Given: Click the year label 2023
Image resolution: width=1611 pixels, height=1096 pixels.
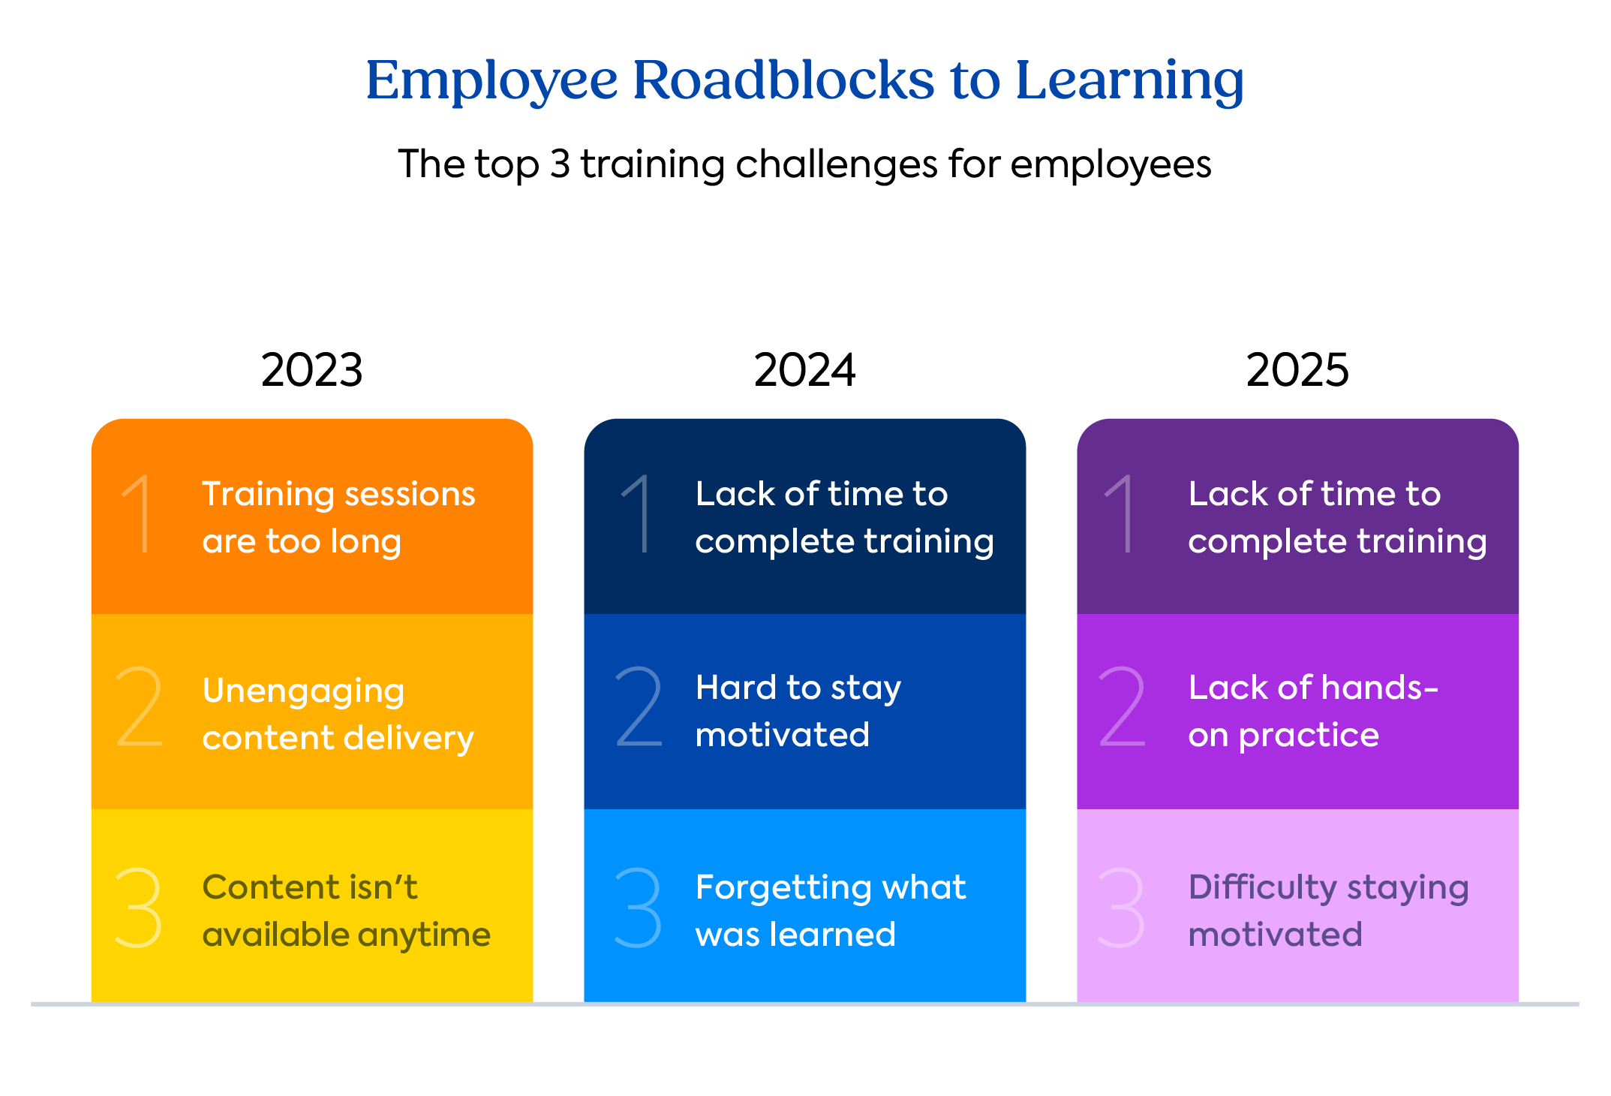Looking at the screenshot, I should (311, 370).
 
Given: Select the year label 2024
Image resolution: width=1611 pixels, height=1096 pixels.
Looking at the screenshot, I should (804, 370).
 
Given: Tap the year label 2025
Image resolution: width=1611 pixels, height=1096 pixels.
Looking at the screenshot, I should (1297, 370).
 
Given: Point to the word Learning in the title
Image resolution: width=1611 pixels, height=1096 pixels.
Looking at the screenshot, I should (1129, 81).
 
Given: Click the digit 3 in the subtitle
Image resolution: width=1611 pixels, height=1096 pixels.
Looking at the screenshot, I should (560, 164).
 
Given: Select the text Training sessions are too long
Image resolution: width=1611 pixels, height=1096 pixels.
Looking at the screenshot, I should (338, 517).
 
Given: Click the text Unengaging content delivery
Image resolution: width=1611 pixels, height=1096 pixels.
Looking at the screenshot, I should (338, 713).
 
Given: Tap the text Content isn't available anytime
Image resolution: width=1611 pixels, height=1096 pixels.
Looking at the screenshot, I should (346, 911).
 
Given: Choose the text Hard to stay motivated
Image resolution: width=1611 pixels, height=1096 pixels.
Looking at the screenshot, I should (798, 711).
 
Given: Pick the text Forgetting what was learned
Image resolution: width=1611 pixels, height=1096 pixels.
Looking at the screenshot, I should (830, 911).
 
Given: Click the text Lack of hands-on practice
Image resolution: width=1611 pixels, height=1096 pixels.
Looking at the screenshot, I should (1312, 711).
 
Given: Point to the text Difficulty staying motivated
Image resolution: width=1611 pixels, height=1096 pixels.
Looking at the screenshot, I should (1328, 911).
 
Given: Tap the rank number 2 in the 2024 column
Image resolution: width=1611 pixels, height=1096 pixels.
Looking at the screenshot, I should (639, 707).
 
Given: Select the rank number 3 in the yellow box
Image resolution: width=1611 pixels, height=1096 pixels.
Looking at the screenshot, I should (139, 908).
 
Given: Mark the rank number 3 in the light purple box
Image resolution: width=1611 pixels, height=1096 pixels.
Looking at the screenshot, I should (1121, 908).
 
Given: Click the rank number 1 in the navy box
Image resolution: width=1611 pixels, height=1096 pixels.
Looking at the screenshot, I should (638, 514).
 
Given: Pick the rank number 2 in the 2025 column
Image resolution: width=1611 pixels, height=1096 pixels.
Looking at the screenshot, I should (1123, 707).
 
